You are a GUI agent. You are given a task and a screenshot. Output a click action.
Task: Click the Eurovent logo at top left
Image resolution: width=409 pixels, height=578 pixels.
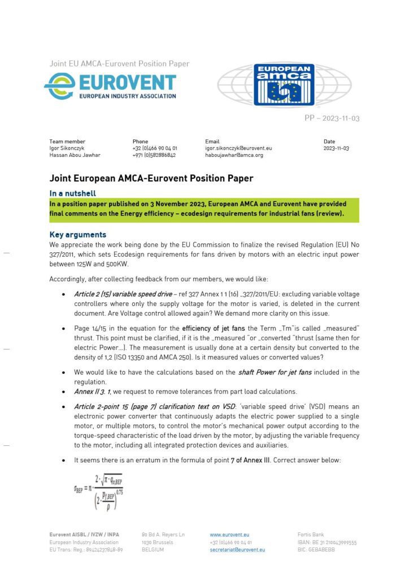click(x=110, y=86)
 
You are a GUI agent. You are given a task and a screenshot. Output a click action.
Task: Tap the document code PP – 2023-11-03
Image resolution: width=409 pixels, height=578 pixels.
click(x=332, y=118)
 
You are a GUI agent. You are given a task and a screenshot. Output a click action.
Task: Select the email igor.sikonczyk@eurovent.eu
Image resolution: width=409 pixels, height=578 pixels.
click(x=238, y=148)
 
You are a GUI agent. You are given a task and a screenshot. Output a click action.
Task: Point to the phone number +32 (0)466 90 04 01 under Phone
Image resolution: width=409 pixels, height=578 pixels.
click(x=154, y=148)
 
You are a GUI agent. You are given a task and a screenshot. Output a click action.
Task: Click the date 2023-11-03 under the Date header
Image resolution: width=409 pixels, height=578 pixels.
click(x=336, y=148)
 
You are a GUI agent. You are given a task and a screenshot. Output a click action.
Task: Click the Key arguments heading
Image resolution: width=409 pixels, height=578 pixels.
click(x=77, y=234)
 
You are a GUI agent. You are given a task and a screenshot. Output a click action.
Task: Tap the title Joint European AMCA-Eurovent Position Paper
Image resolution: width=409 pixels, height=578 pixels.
click(x=151, y=178)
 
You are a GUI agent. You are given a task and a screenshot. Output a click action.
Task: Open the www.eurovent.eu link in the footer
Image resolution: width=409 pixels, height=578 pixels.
click(x=229, y=534)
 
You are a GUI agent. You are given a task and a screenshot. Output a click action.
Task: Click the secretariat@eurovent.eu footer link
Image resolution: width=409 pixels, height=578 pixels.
click(x=237, y=549)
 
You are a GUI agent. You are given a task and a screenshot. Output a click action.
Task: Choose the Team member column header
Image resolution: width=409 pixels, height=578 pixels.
click(x=67, y=142)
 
